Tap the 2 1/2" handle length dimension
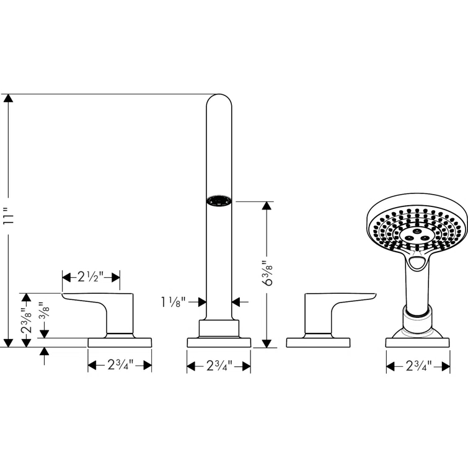click(x=91, y=276)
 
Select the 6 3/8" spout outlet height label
click(x=268, y=274)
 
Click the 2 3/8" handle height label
click(x=25, y=320)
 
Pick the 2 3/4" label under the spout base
click(x=218, y=366)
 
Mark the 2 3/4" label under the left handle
click(x=120, y=366)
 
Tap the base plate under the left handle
click(x=120, y=342)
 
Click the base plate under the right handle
click(x=317, y=342)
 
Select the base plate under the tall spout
click(x=218, y=342)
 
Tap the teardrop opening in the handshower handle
click(x=417, y=265)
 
